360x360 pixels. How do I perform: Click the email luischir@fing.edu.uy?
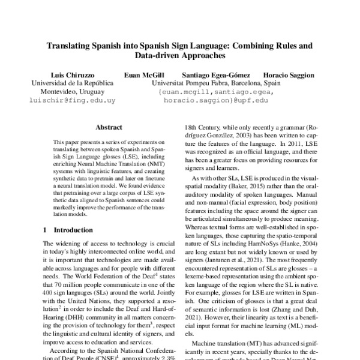point(64,101)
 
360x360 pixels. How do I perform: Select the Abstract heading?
point(109,127)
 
